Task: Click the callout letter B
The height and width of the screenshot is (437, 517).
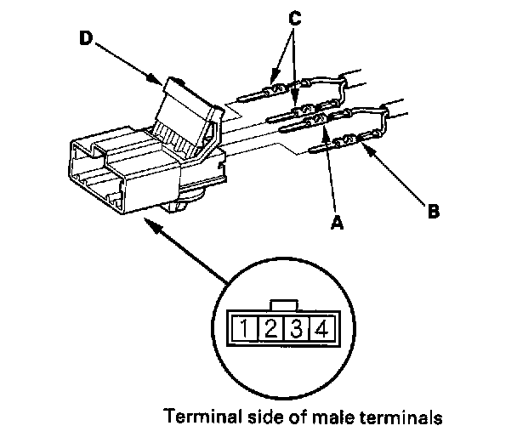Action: (x=433, y=210)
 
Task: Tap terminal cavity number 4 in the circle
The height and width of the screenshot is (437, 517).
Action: (x=321, y=327)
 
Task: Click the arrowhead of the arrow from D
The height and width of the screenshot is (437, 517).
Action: (x=161, y=83)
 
